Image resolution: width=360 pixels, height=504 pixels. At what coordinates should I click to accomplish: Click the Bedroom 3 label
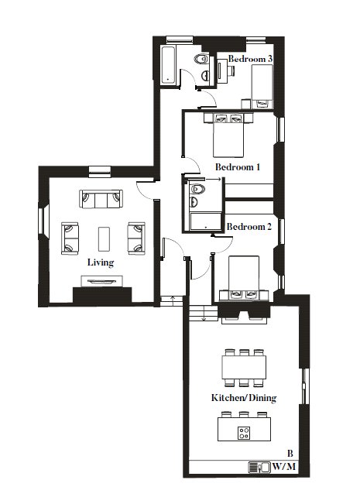click(x=250, y=59)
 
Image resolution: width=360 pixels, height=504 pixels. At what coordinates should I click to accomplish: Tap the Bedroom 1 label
click(x=238, y=167)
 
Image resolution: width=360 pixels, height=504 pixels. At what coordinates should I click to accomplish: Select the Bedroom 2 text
click(x=249, y=227)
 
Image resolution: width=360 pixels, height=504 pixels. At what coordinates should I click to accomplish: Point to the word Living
click(x=101, y=262)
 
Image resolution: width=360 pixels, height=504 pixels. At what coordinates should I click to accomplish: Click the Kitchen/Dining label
click(x=244, y=398)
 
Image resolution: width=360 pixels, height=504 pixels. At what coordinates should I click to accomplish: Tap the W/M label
click(x=284, y=466)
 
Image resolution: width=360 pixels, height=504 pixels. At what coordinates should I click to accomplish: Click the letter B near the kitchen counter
click(x=290, y=454)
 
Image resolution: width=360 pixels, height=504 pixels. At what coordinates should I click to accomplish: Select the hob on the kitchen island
click(x=244, y=433)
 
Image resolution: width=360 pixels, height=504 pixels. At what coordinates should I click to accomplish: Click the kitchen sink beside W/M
click(x=259, y=468)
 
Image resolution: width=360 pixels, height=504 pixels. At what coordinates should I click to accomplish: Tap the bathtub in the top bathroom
click(x=169, y=66)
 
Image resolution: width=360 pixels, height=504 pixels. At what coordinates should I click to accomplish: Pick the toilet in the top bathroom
click(x=201, y=59)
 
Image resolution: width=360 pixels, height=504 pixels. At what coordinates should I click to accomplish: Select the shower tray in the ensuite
click(x=206, y=221)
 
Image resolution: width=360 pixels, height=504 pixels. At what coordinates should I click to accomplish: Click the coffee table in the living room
click(x=104, y=239)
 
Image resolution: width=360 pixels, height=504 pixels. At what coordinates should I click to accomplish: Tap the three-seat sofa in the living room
click(x=101, y=199)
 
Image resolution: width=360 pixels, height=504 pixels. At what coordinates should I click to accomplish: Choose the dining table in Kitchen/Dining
click(x=244, y=368)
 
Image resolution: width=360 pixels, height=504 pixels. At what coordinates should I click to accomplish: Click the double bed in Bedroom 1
click(x=228, y=135)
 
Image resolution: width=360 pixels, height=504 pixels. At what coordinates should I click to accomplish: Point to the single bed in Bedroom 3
click(x=262, y=86)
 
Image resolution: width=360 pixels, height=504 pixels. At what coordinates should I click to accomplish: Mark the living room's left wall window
click(x=42, y=221)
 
